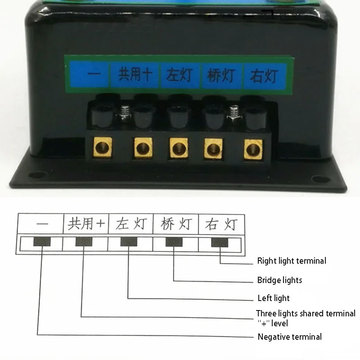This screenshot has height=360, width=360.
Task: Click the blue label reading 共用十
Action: (x=134, y=74)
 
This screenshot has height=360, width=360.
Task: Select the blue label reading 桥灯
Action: (x=220, y=75)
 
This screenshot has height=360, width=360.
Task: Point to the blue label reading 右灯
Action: (x=263, y=75)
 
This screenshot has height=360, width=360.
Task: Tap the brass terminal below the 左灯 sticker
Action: (x=177, y=148)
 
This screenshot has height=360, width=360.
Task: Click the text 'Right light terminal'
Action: (x=292, y=261)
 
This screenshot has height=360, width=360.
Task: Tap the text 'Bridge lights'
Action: (x=279, y=280)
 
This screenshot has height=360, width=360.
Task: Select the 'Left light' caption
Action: (x=273, y=298)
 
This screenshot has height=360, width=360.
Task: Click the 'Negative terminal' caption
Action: (x=289, y=337)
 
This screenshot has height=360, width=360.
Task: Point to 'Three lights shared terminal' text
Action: (x=306, y=313)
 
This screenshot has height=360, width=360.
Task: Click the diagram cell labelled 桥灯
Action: (x=175, y=224)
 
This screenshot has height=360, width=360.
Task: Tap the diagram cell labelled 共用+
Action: (x=85, y=223)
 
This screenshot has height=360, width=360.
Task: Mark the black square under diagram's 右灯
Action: (x=220, y=243)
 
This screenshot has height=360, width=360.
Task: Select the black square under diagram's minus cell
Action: (x=41, y=242)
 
